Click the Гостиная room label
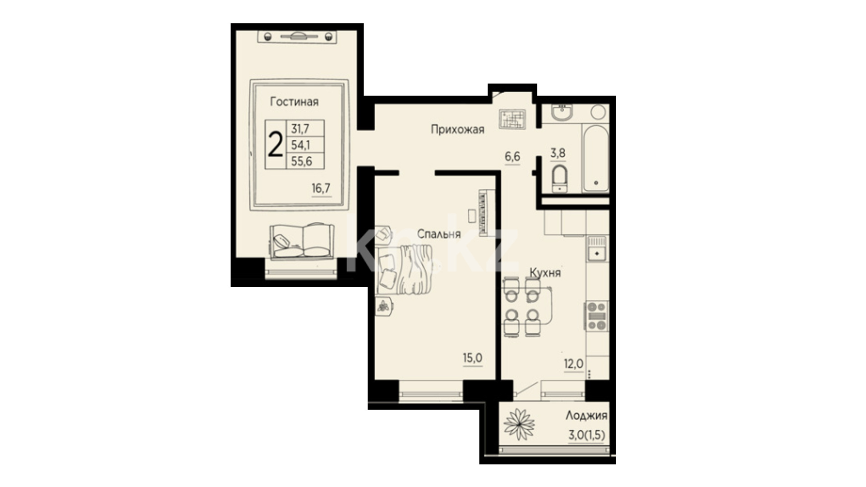pos(294,102)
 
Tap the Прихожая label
pos(457,130)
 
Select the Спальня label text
pos(439,234)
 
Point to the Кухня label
pos(545,273)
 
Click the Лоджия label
pos(586,416)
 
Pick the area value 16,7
pos(321,188)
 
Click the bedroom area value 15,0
pos(472,358)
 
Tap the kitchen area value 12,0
pos(573,364)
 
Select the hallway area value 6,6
pos(512,157)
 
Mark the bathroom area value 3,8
pos(557,153)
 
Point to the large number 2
pos(275,145)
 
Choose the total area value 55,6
pos(301,161)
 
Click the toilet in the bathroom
pos(560,179)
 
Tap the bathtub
pos(595,157)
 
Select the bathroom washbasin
pos(562,112)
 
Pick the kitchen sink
pos(597,248)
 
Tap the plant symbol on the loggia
pos(519,424)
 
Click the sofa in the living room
pos(302,241)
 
